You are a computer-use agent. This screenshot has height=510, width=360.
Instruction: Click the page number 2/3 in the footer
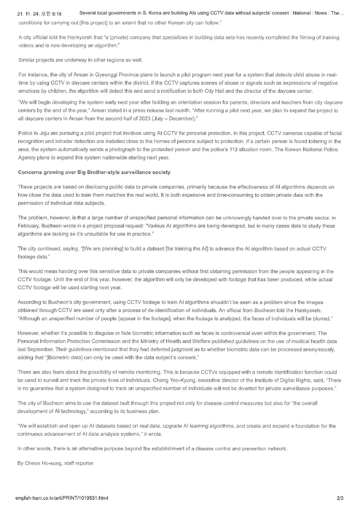tap(340, 498)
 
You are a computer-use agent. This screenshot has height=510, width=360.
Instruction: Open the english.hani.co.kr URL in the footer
tap(62, 498)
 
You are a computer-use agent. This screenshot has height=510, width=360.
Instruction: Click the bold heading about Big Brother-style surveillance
tap(94, 172)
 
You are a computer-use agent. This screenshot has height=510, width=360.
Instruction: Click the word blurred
tap(320, 319)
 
